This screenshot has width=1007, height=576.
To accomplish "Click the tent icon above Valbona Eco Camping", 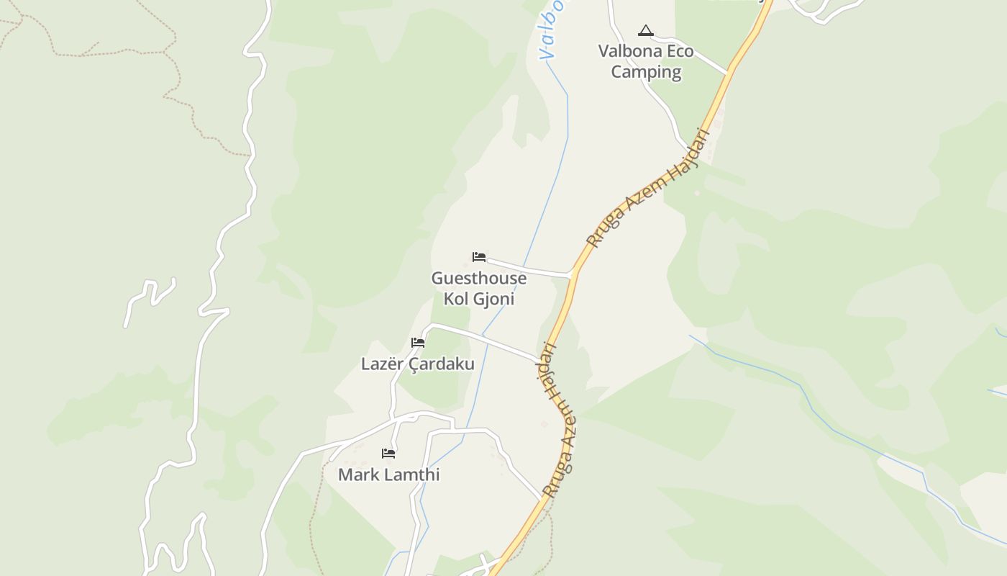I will tap(645, 31).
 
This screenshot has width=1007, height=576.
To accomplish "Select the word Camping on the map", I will tap(646, 72).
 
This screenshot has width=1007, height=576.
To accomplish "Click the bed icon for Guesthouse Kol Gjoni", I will tap(479, 257).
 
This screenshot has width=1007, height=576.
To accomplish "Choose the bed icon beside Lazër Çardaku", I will tap(418, 343).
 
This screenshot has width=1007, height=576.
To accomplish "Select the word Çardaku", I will tap(442, 364).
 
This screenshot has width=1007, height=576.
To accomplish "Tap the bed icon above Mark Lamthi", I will tap(388, 454).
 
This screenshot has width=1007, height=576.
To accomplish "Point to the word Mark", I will tap(358, 475).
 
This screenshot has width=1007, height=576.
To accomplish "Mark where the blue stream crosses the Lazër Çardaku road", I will tap(484, 336).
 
